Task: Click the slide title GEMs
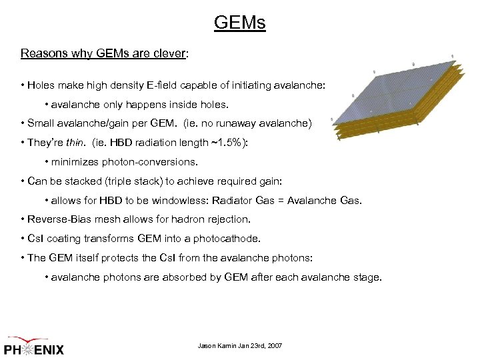[239, 23]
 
